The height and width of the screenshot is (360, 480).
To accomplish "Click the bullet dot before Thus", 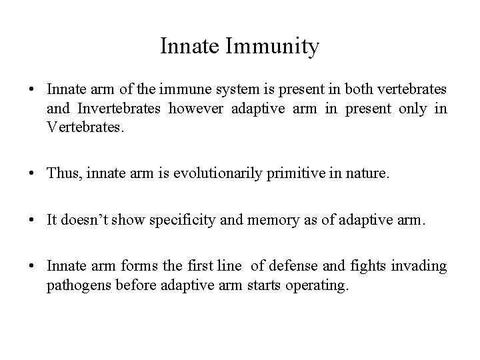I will coord(33,174).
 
